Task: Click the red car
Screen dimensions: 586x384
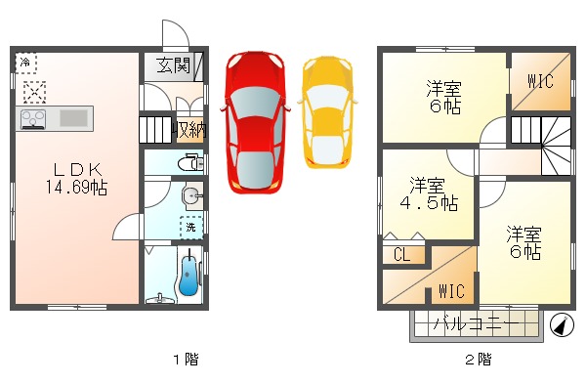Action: pyautogui.click(x=255, y=123)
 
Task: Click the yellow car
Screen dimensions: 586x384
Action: pyautogui.click(x=327, y=112)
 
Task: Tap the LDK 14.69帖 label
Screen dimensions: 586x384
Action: pyautogui.click(x=77, y=179)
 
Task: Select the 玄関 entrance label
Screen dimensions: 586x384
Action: pyautogui.click(x=173, y=65)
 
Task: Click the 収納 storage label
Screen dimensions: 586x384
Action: pyautogui.click(x=189, y=130)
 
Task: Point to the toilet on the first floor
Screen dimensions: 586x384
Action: pyautogui.click(x=191, y=163)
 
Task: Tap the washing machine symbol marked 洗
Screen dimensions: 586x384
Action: pyautogui.click(x=191, y=228)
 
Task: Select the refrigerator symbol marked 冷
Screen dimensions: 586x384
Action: pyautogui.click(x=25, y=63)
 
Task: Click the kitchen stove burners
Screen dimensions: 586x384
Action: pyautogui.click(x=33, y=119)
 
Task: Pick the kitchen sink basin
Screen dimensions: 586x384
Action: pyautogui.click(x=73, y=118)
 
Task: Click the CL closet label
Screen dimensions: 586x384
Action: pyautogui.click(x=401, y=255)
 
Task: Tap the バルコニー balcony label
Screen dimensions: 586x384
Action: pyautogui.click(x=477, y=323)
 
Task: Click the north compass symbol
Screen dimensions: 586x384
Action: pyautogui.click(x=563, y=324)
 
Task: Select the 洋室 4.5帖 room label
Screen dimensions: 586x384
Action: pyautogui.click(x=429, y=194)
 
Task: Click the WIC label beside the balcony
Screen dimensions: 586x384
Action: pyautogui.click(x=452, y=291)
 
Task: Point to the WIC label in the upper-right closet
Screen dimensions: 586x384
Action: pyautogui.click(x=540, y=81)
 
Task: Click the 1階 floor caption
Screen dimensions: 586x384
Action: pyautogui.click(x=186, y=360)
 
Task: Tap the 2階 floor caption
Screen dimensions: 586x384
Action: pyautogui.click(x=478, y=360)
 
